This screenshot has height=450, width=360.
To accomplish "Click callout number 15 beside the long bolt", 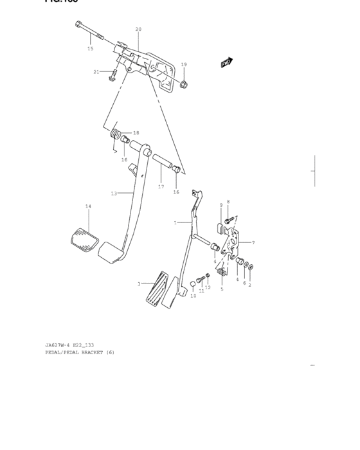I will click(90, 49).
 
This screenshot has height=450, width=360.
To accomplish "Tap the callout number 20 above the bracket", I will click(138, 30).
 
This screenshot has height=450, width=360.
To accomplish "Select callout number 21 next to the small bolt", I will click(96, 71).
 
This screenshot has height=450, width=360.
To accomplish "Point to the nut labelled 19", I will click(183, 84).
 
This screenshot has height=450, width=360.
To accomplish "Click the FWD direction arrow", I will click(226, 63).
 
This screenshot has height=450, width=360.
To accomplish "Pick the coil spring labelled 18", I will click(116, 135).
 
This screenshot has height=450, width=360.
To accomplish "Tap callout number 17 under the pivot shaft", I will click(161, 186).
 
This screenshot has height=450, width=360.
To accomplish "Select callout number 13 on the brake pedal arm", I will click(113, 193).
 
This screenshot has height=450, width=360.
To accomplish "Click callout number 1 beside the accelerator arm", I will click(174, 222).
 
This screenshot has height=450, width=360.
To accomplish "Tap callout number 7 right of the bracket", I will click(253, 242).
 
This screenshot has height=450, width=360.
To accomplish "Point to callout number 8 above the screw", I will click(228, 202).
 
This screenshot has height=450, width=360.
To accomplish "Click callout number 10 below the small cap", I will click(194, 296).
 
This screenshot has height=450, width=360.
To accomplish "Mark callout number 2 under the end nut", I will click(249, 285).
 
